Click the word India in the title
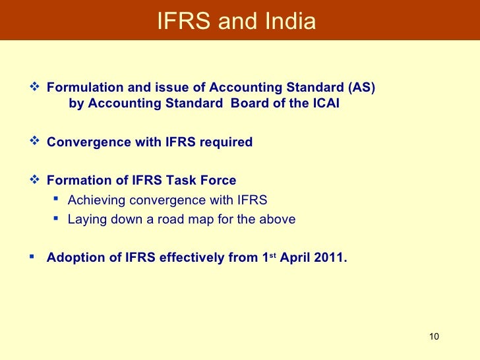click(x=290, y=22)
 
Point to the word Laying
click(x=84, y=220)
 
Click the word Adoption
click(x=73, y=258)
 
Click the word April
click(x=295, y=258)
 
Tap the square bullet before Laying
click(x=57, y=218)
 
